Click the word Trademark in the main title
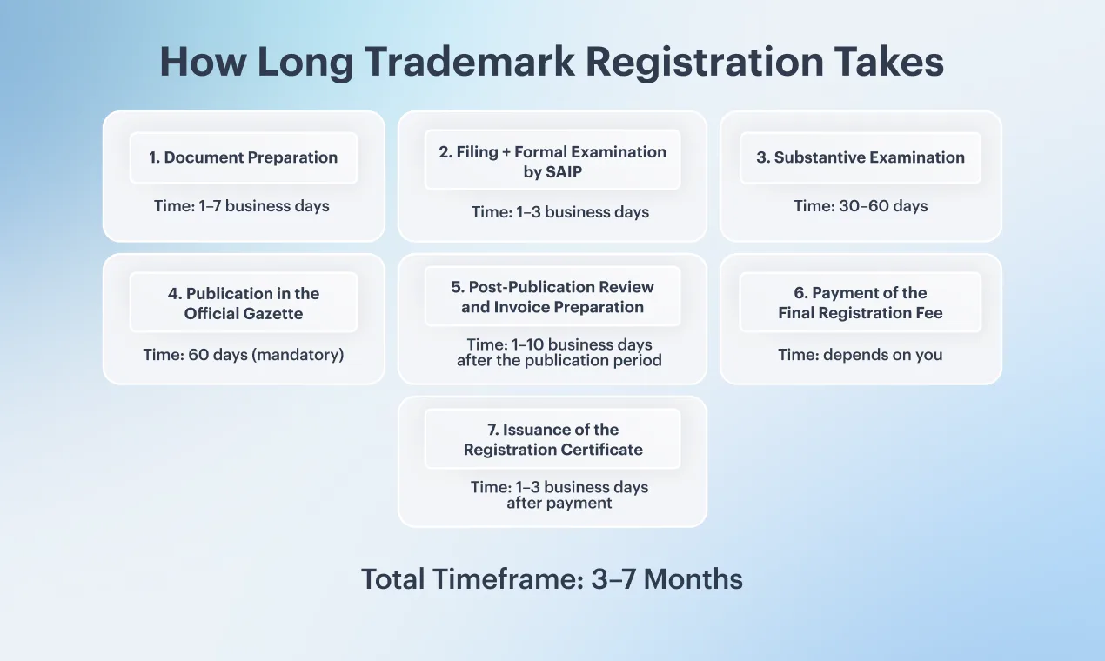click(470, 62)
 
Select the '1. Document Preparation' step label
click(244, 157)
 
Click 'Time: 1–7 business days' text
click(242, 206)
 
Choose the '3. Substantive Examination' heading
click(861, 157)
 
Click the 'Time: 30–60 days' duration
click(861, 206)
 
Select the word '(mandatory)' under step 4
click(298, 355)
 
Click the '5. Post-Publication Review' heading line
click(552, 287)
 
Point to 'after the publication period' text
click(559, 361)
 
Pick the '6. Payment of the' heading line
click(861, 293)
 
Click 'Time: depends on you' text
click(861, 355)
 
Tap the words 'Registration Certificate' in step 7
click(553, 450)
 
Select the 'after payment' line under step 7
click(559, 504)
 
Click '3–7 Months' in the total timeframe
click(667, 578)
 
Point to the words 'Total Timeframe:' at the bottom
click(472, 578)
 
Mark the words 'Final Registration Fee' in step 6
click(861, 313)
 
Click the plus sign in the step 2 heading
click(506, 152)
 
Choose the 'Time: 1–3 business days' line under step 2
click(560, 212)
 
